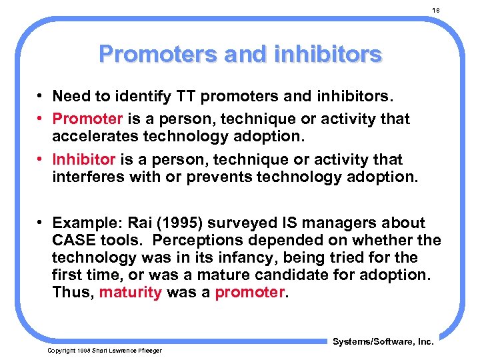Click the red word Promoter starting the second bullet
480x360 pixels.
(87, 119)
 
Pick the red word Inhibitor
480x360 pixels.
(84, 160)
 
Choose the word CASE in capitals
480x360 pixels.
(73, 240)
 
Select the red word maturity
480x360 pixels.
(130, 292)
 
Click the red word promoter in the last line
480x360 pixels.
(249, 292)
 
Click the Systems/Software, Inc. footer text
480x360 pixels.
(383, 341)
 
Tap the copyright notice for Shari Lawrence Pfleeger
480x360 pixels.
(104, 350)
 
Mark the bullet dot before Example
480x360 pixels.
(41, 223)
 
